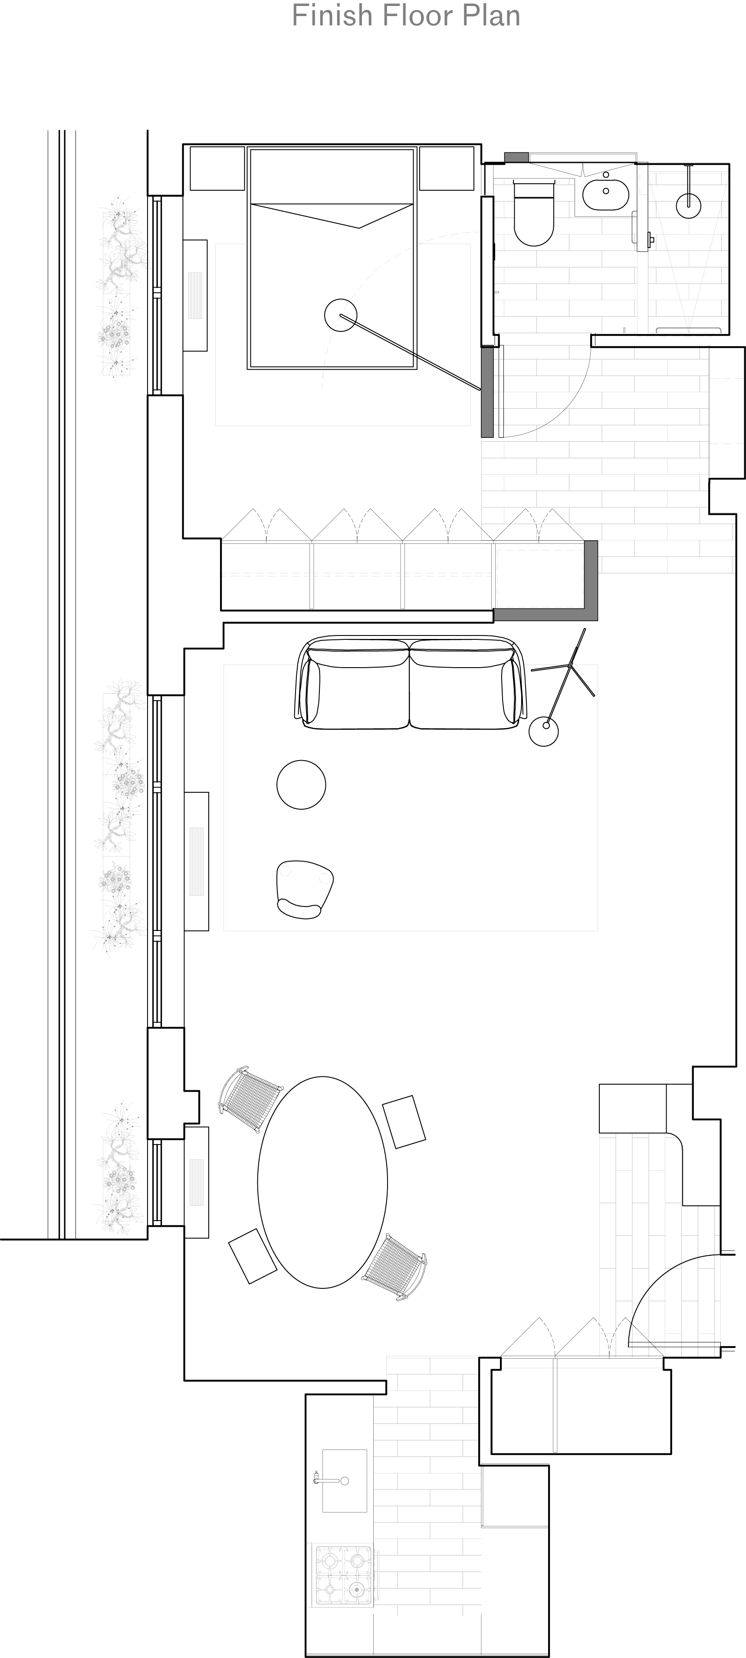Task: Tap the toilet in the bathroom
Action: (534, 212)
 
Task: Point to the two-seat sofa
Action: (410, 683)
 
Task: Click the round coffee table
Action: (301, 784)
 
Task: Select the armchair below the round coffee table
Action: (304, 889)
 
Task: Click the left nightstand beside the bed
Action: (217, 169)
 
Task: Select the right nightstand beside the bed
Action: (446, 169)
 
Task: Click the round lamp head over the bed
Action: (340, 315)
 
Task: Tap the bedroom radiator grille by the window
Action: (195, 295)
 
